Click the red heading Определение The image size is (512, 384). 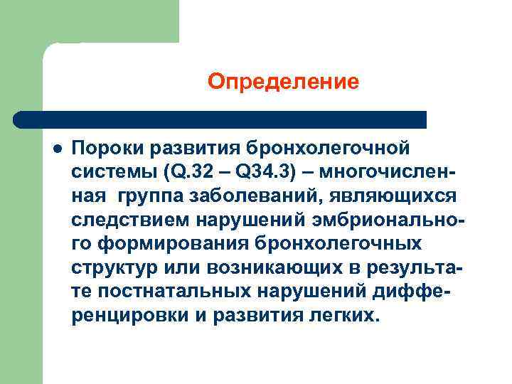click(283, 83)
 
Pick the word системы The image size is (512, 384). click(114, 171)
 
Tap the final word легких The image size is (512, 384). click(345, 315)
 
